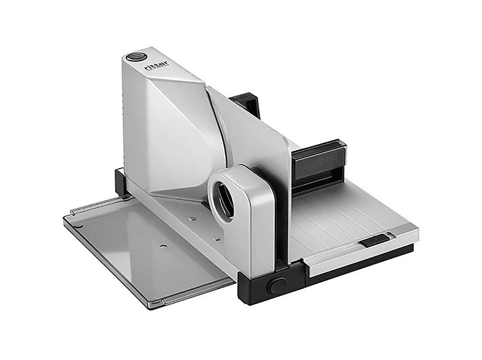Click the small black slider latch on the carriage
click(x=375, y=241)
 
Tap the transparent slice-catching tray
click(x=147, y=245)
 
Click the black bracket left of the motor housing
click(x=121, y=183)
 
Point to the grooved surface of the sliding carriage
click(x=343, y=215)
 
